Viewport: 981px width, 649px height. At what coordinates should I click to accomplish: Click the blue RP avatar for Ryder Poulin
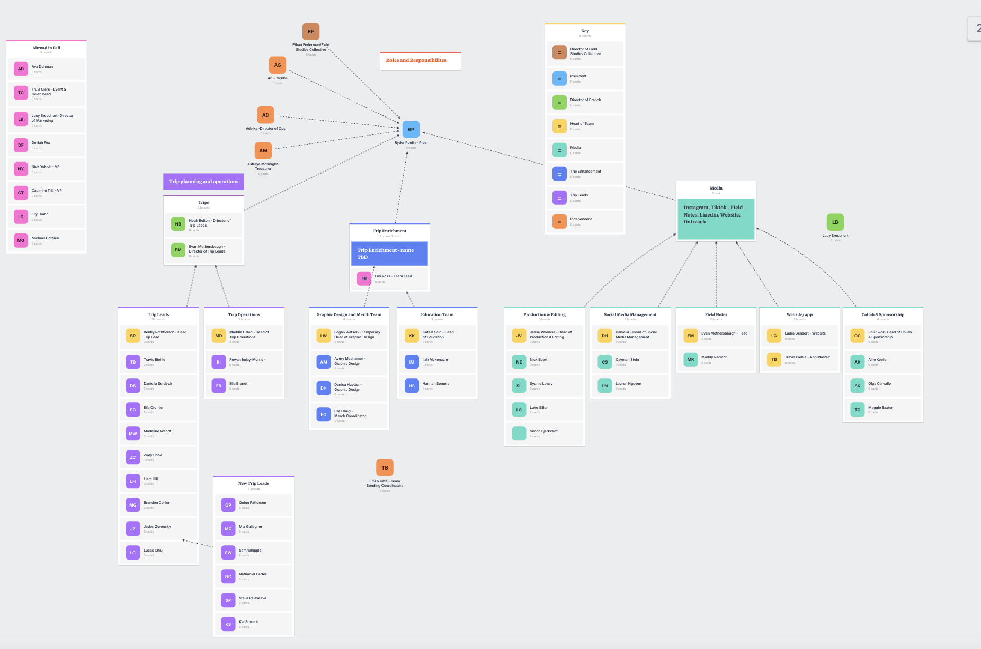click(411, 129)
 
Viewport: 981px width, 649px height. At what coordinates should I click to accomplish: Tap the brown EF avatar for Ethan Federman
click(311, 31)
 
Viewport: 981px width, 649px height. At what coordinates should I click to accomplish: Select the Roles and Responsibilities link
click(416, 60)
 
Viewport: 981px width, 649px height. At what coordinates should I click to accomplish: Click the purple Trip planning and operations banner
click(203, 182)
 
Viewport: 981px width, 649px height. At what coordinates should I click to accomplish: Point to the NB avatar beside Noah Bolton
click(178, 224)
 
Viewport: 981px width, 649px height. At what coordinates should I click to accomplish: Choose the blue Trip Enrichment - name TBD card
click(389, 254)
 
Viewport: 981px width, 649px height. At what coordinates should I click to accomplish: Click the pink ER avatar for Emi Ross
click(364, 278)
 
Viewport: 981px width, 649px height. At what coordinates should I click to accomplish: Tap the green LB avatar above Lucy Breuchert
click(835, 222)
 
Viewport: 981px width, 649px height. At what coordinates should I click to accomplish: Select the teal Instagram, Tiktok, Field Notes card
click(716, 218)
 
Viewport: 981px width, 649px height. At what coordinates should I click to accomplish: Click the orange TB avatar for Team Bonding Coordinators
click(385, 467)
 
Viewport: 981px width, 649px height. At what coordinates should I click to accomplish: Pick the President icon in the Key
click(559, 78)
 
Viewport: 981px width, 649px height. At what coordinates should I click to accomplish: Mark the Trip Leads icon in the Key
click(559, 197)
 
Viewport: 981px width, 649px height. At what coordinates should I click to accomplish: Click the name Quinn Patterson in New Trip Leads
click(253, 503)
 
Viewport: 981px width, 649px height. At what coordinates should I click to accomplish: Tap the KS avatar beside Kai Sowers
click(228, 624)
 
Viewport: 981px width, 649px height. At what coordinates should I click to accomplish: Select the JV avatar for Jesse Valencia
click(519, 336)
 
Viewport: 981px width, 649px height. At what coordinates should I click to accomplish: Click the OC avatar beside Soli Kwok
click(857, 336)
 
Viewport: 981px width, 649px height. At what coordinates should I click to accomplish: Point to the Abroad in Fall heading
click(46, 48)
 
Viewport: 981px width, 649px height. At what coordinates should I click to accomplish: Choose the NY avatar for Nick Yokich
click(21, 169)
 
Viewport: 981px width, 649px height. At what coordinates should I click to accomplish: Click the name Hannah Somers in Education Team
click(436, 384)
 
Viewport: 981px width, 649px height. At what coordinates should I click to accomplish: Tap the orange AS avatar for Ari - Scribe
click(278, 65)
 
